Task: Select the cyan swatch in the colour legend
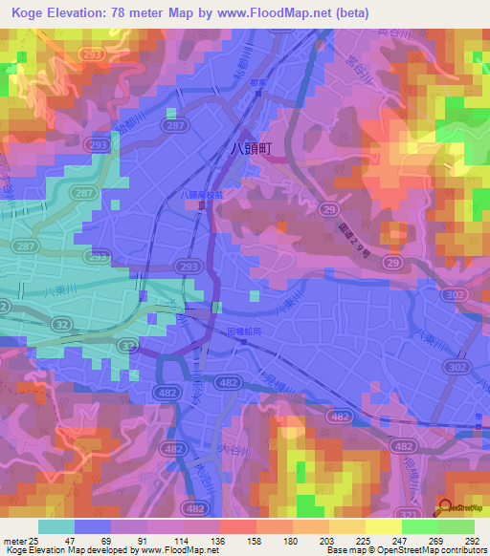click(56, 526)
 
